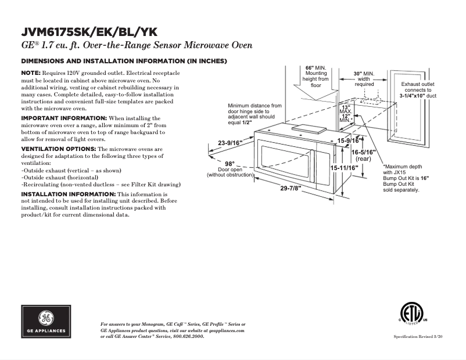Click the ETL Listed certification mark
point(413,313)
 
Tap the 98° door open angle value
point(230,163)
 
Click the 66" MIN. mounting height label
point(316,68)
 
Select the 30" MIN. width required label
point(364,74)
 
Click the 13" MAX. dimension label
point(346,109)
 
